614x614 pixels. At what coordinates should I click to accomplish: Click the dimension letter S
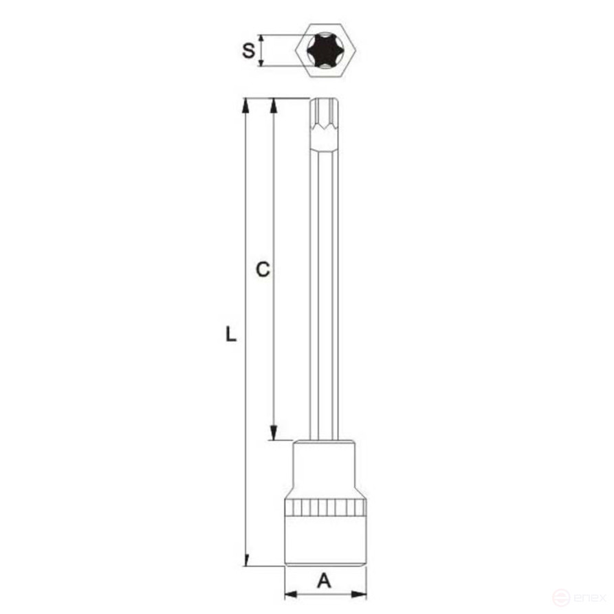pyautogui.click(x=249, y=50)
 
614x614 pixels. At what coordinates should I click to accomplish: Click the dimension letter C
pyautogui.click(x=262, y=270)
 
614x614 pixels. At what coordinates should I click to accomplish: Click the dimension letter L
pyautogui.click(x=231, y=335)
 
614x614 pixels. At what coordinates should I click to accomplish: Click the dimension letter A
pyautogui.click(x=324, y=582)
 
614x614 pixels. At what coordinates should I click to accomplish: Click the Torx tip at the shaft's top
pyautogui.click(x=325, y=120)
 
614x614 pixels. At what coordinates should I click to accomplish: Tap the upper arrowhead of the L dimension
pyautogui.click(x=245, y=105)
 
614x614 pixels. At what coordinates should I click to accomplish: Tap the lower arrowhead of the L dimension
pyautogui.click(x=245, y=560)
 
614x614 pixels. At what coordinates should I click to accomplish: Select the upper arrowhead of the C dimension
pyautogui.click(x=274, y=105)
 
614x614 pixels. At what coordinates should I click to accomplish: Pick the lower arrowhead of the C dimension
pyautogui.click(x=274, y=434)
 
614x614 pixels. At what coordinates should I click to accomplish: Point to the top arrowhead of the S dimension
pyautogui.click(x=261, y=40)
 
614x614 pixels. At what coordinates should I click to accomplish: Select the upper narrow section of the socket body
pyautogui.click(x=325, y=468)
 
